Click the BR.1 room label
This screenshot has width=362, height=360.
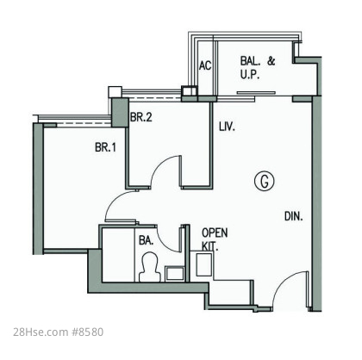(105, 147)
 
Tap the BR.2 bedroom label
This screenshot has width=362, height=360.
(141, 117)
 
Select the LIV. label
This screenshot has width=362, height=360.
(227, 127)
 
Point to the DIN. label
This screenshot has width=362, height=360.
(294, 216)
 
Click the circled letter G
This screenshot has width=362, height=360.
(265, 181)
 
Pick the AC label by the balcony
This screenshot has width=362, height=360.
(205, 65)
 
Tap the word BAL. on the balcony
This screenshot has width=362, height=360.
(250, 61)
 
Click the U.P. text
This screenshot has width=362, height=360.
(250, 75)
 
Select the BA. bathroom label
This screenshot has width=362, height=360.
(146, 240)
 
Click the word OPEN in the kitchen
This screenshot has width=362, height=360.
(215, 233)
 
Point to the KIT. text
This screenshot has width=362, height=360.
(209, 246)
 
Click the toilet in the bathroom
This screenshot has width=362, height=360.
(149, 267)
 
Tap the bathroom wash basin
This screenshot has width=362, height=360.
(175, 274)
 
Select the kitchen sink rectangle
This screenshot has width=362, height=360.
(204, 264)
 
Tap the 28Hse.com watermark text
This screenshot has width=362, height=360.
(41, 332)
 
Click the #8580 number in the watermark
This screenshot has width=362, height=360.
(87, 332)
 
